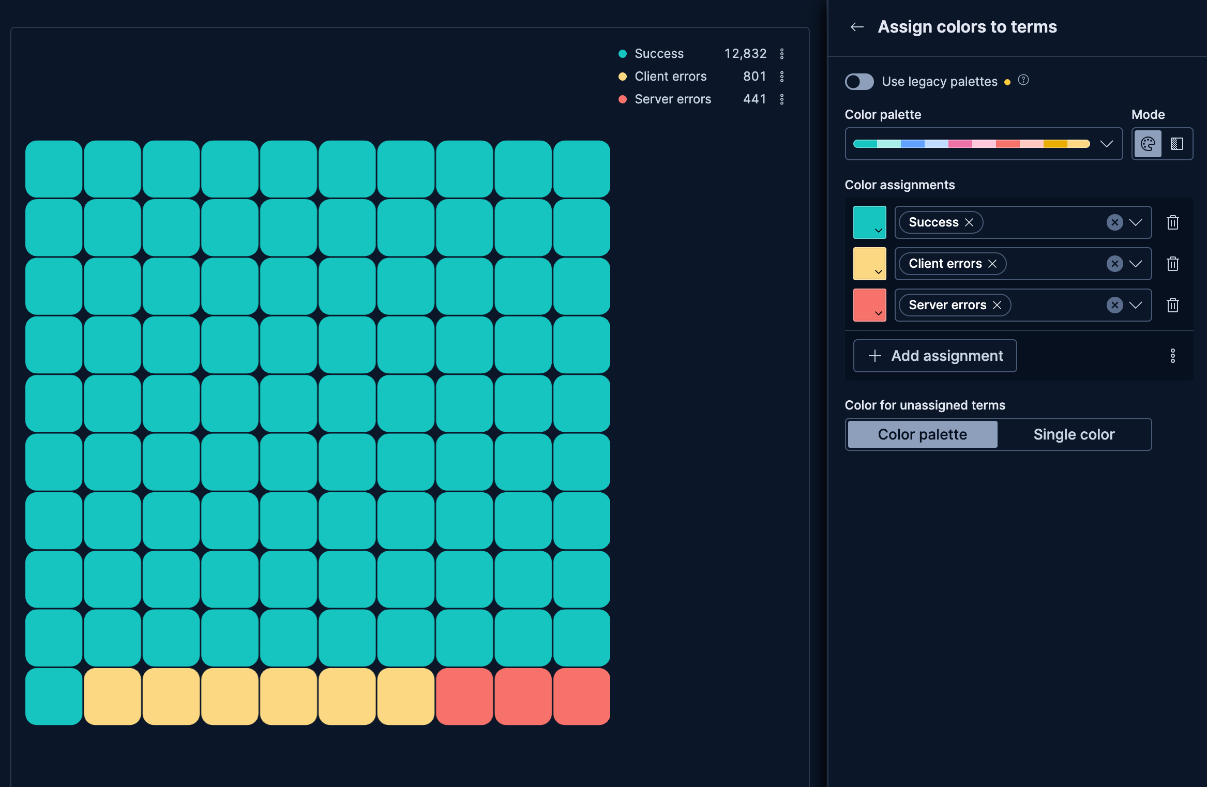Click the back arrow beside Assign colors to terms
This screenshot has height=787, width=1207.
tap(857, 27)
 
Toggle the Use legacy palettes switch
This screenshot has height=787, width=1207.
tap(859, 82)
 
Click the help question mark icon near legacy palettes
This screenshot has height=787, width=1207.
tap(1023, 80)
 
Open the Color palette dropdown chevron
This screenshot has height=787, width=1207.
tap(1106, 144)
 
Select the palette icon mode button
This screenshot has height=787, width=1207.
tap(1148, 144)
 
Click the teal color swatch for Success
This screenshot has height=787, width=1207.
tap(869, 222)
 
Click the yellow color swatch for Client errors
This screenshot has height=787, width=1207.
tap(869, 264)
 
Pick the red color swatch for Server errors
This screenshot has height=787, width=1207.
tap(869, 305)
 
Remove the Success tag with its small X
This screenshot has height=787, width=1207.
tap(969, 222)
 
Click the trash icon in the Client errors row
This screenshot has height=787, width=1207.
tap(1172, 264)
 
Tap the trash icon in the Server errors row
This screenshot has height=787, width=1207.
tap(1172, 305)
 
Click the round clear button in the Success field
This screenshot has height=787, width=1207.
tap(1114, 222)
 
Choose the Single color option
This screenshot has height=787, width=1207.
tap(1074, 434)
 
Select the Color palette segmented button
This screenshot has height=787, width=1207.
tap(922, 434)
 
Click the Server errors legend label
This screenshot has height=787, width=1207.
tap(672, 99)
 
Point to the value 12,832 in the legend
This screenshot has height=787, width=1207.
tap(745, 54)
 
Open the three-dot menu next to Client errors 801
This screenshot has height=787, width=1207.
tap(782, 77)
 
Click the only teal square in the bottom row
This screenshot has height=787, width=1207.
tap(54, 696)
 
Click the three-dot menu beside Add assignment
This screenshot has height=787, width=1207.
tap(1172, 356)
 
